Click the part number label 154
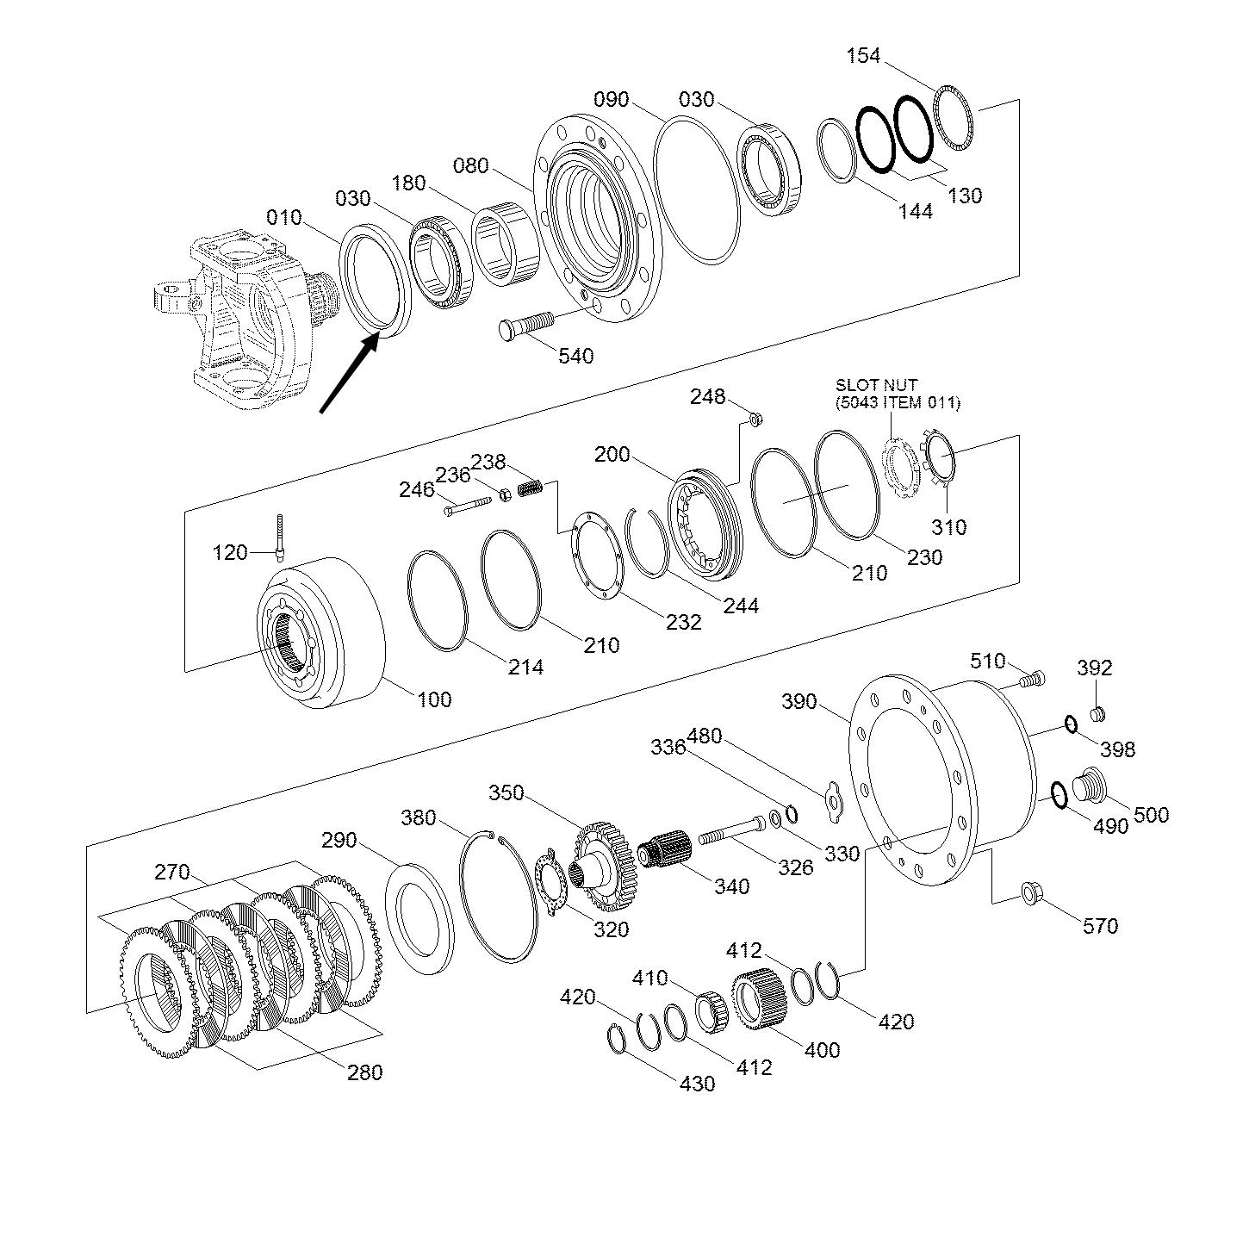[864, 56]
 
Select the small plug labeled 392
[1097, 713]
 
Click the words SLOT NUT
[876, 385]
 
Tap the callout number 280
[364, 1072]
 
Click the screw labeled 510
[1031, 680]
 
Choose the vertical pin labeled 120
[281, 538]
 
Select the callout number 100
[434, 699]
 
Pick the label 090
[612, 99]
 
